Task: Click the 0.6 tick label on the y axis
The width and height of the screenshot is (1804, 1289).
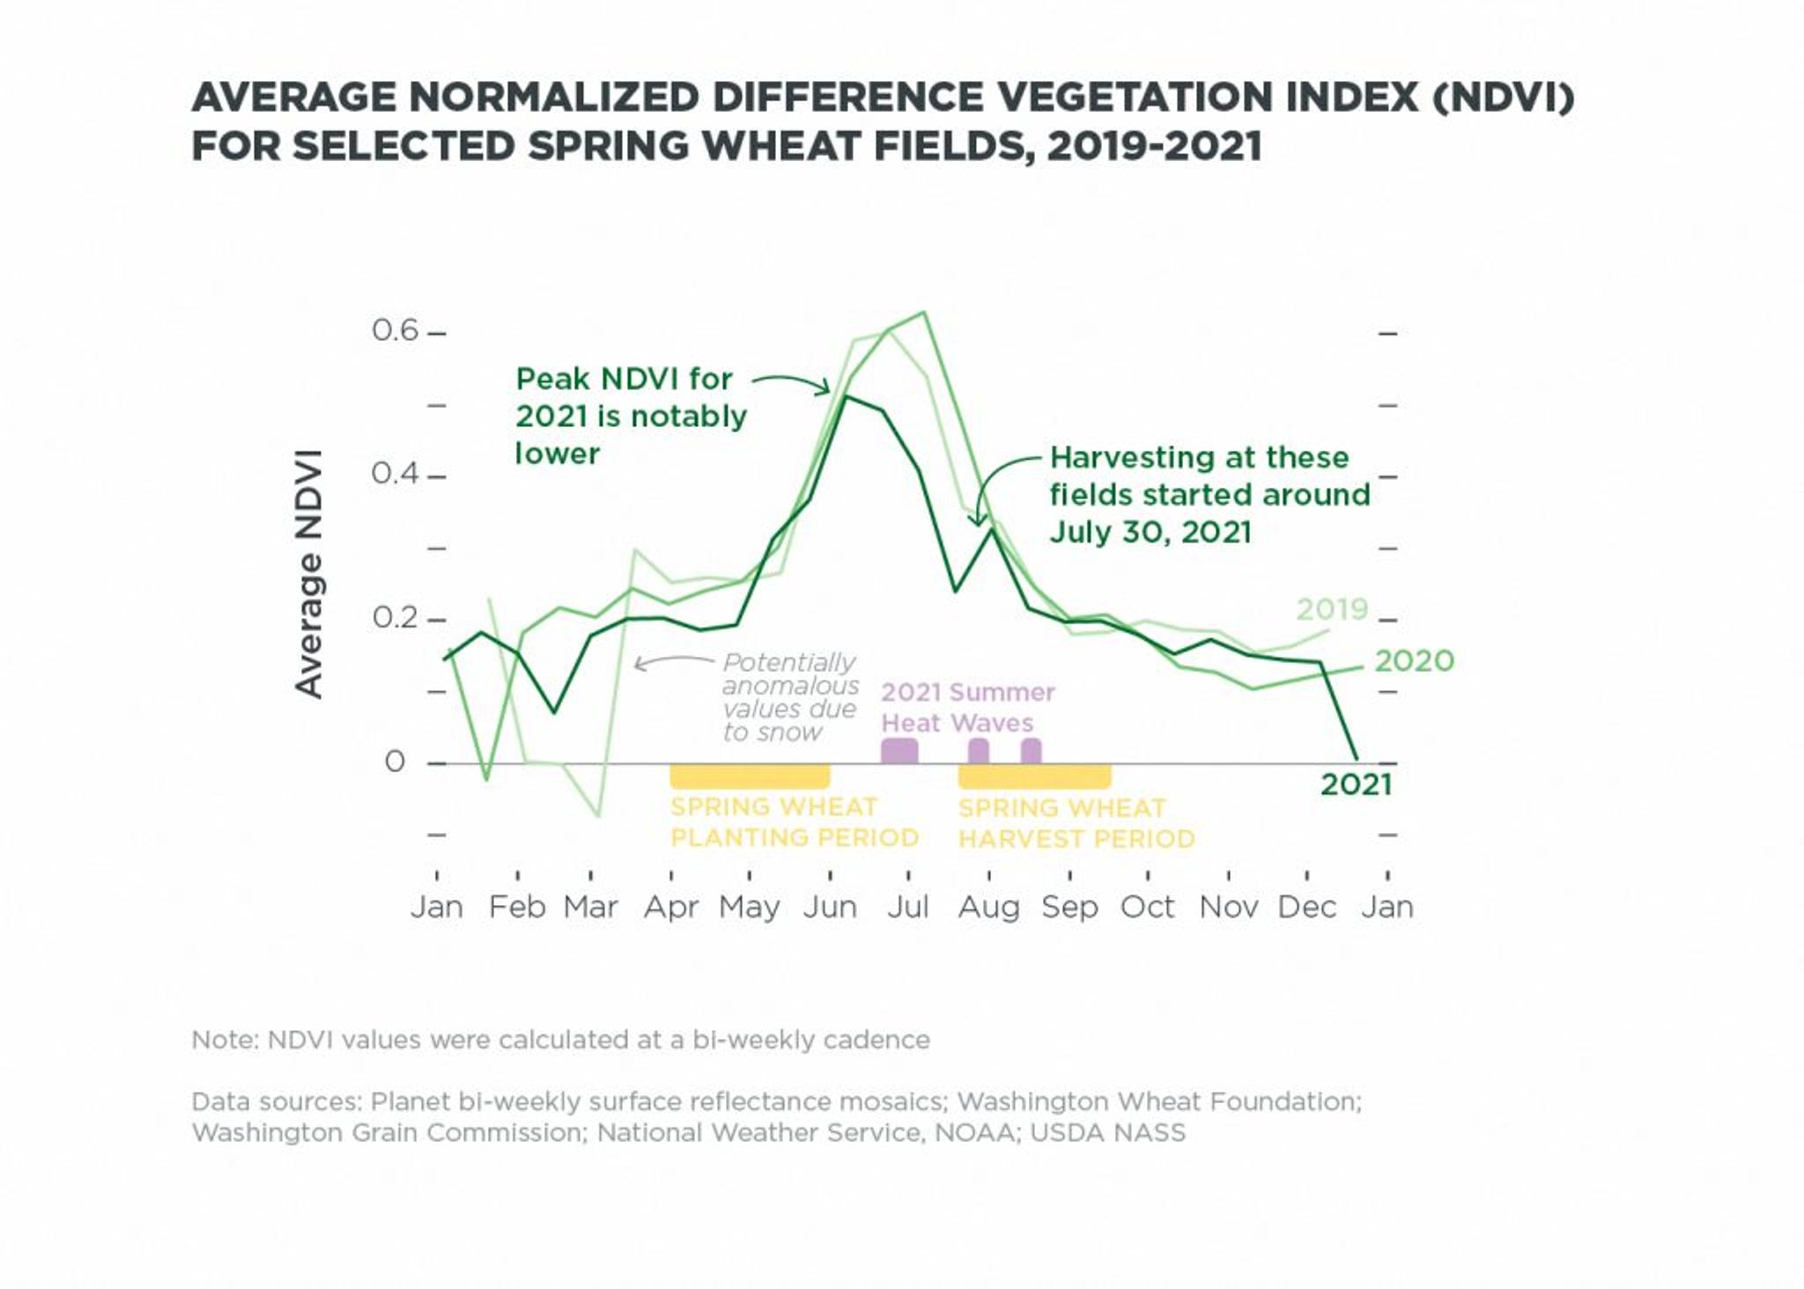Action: tap(395, 330)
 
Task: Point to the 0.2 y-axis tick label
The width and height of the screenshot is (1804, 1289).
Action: tap(395, 617)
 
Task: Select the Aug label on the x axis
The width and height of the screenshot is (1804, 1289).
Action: tap(988, 907)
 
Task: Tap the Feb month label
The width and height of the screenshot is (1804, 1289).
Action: tap(517, 907)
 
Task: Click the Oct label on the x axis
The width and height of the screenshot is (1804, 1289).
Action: tap(1147, 907)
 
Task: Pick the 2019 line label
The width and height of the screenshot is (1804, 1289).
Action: tap(1331, 609)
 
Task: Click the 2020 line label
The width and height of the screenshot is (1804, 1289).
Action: tap(1414, 660)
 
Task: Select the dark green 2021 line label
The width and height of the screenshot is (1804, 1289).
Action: tap(1356, 784)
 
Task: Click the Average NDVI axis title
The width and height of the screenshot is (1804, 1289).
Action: tap(309, 574)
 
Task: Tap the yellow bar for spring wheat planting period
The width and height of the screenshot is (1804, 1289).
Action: tap(750, 776)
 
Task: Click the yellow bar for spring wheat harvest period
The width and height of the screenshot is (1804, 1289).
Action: tap(1034, 776)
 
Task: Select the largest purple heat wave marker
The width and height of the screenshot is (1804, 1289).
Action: tap(899, 750)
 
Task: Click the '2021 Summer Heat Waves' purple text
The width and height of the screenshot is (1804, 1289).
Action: tap(967, 707)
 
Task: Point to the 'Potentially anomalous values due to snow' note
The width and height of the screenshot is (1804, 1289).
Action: tap(789, 696)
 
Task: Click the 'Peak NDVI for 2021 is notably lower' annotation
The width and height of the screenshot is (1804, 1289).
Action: tap(630, 416)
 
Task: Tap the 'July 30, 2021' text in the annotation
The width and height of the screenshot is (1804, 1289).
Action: tap(1150, 532)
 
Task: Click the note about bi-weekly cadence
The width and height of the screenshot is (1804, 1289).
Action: tap(560, 1040)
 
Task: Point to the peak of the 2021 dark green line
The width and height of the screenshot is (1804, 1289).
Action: tap(846, 397)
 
